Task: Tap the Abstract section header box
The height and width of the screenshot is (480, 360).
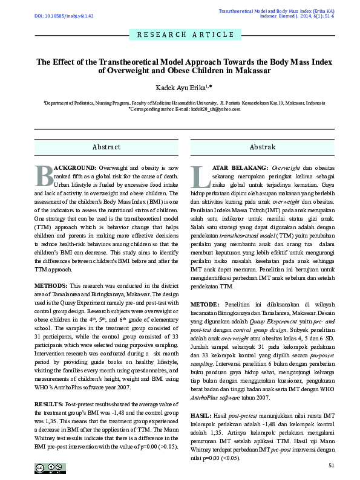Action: [106, 147]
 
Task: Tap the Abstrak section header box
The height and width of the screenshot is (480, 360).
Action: [262, 147]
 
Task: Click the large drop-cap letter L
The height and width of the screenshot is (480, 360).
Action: [200, 175]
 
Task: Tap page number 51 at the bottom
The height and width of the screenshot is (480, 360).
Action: [330, 465]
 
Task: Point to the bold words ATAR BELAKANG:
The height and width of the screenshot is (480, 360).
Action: [237, 166]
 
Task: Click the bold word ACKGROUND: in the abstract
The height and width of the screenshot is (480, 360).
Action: [75, 166]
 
